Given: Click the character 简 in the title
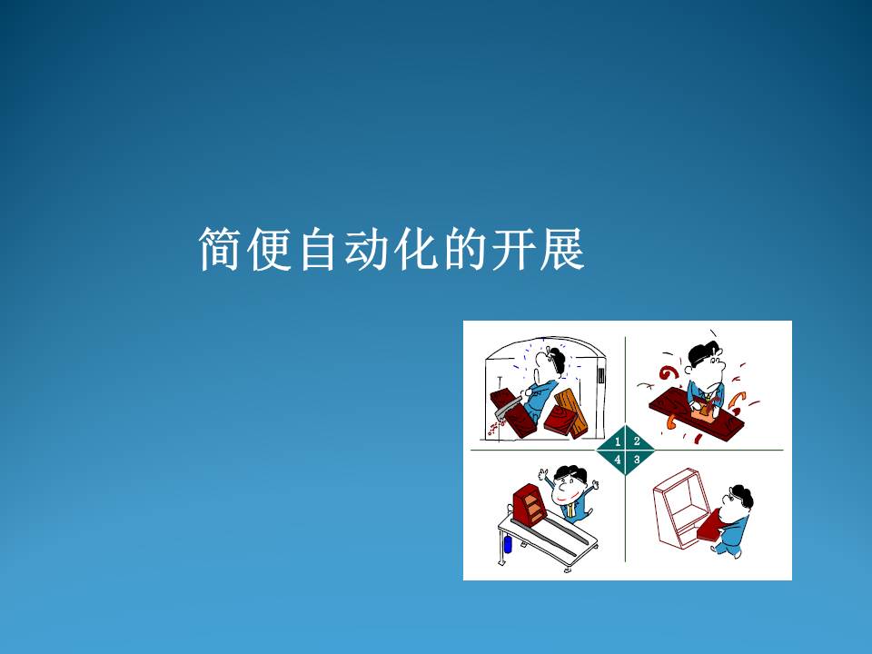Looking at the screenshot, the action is [x=220, y=249].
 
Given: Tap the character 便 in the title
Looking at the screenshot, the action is [x=269, y=249].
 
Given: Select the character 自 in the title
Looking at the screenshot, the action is [x=318, y=249].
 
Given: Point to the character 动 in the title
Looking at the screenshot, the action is [x=365, y=249].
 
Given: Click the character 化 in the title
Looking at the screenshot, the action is [x=414, y=249].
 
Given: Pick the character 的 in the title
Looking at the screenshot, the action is [x=463, y=249].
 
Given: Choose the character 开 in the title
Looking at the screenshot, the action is [x=512, y=249].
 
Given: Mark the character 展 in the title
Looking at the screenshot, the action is [x=561, y=249].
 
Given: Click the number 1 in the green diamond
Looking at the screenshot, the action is [x=618, y=442].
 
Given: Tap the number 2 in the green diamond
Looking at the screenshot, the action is [x=637, y=441].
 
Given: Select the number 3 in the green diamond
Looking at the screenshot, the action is [x=637, y=460].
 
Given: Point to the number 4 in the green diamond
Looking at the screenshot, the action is [x=618, y=461].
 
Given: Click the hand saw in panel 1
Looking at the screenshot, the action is [x=508, y=409].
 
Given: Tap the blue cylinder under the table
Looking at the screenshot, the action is [x=507, y=544].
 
